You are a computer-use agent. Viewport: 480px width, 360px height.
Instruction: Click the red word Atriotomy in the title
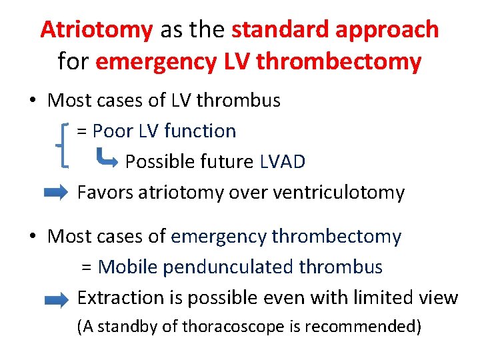(97, 30)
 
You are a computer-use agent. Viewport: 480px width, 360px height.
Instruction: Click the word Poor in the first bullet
(113, 131)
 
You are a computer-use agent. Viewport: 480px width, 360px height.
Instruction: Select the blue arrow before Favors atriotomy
(56, 193)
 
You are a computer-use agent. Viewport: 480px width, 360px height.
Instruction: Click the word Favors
(105, 193)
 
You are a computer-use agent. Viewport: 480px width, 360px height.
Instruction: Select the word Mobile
(128, 268)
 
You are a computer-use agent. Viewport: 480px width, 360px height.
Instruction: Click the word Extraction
(115, 298)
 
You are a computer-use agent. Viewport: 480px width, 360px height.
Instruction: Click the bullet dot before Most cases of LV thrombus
(32, 101)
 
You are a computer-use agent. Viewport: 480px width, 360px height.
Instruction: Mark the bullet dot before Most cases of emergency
(32, 237)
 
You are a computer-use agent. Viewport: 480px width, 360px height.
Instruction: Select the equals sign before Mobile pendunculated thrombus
(87, 268)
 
